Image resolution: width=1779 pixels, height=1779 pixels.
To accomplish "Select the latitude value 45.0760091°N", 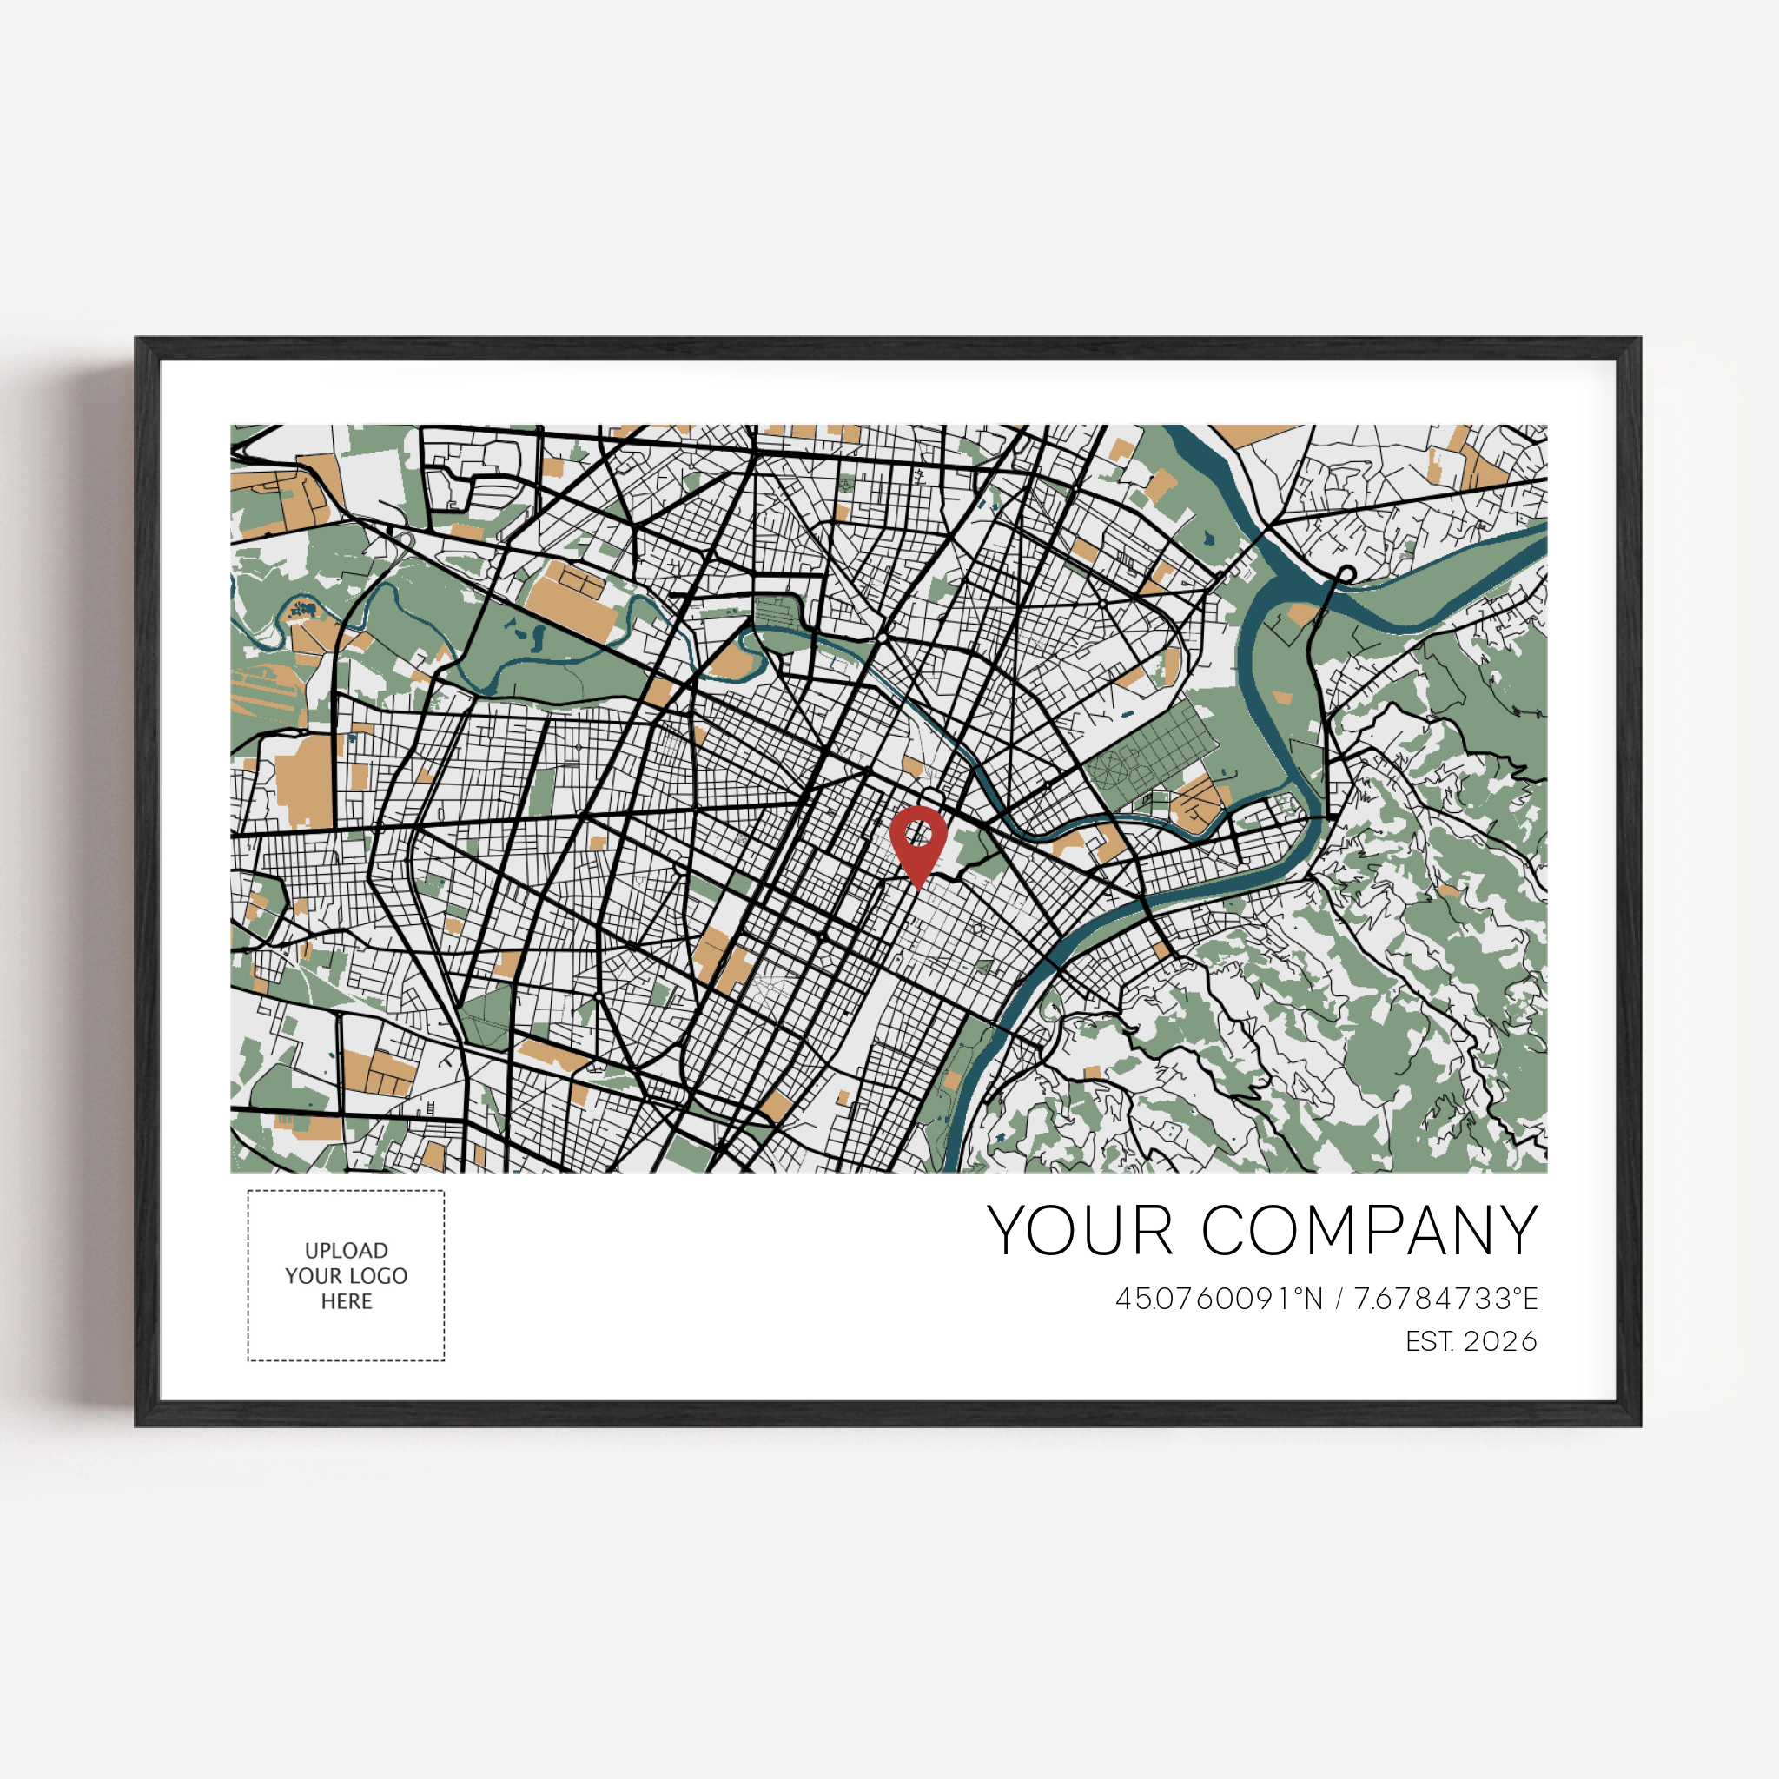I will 1219,1300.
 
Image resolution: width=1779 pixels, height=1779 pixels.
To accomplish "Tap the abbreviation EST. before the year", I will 1430,1341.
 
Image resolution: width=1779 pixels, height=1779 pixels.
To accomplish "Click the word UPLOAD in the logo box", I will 347,1251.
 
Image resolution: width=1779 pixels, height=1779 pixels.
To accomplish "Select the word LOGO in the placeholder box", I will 378,1276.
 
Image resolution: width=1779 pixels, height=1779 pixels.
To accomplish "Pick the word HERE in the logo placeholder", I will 347,1301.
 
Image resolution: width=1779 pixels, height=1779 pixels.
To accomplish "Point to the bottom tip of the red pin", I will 918,888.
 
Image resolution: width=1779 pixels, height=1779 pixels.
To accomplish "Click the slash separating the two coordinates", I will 1339,1300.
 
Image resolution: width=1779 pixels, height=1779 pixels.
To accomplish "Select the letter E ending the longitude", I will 1531,1300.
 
